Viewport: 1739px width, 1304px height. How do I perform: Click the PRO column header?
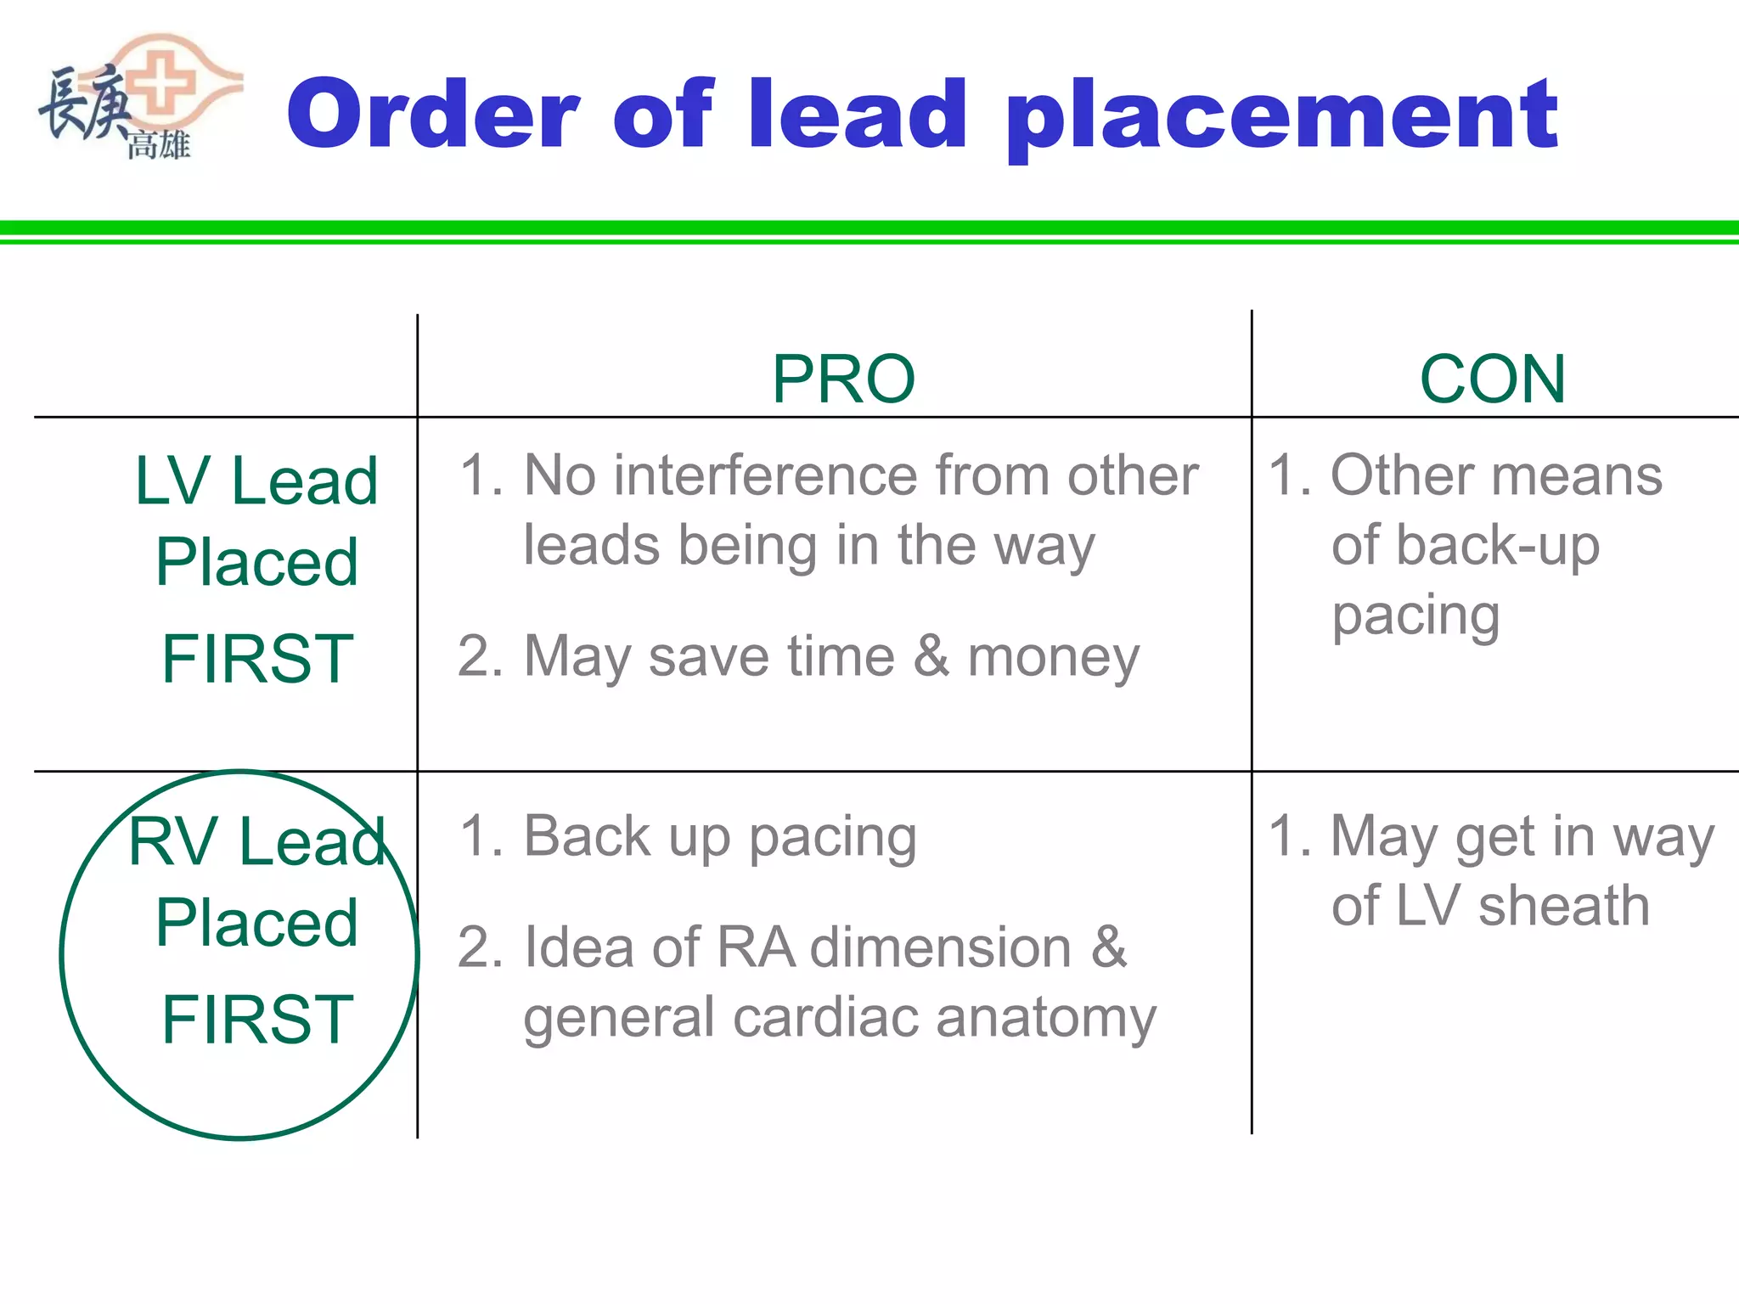pos(843,379)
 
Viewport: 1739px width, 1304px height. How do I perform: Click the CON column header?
pos(1492,379)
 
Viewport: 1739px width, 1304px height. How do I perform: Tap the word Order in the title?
pos(433,115)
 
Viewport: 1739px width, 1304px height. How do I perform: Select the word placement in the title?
pos(1281,119)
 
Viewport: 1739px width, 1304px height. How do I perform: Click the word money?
pos(1054,658)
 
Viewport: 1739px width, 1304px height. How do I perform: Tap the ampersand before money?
pos(931,655)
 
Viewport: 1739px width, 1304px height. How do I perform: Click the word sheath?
pos(1564,906)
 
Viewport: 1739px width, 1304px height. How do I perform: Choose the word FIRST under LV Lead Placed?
pos(257,659)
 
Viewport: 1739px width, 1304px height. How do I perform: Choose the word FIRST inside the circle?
pos(257,1020)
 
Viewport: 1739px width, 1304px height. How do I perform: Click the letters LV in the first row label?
pos(172,481)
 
